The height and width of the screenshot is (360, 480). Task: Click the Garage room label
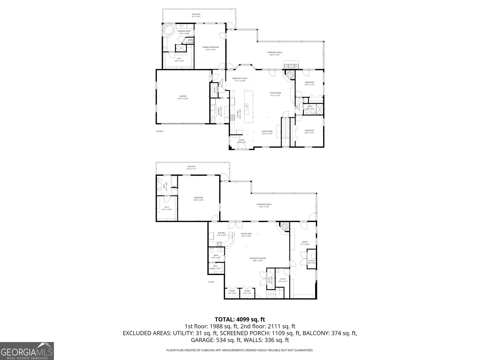[x=183, y=97]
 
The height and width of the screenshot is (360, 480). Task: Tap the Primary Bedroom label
[x=210, y=48]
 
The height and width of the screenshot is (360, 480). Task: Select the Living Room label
[x=275, y=94]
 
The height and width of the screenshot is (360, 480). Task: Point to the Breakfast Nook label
[x=240, y=79]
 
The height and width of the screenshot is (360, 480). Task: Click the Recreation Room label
[x=258, y=259]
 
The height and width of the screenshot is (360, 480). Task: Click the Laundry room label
[x=220, y=111]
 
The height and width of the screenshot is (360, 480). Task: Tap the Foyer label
[x=241, y=141]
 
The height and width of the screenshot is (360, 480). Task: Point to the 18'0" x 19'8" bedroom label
[x=198, y=199]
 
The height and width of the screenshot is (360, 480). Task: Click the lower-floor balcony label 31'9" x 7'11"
[x=191, y=167]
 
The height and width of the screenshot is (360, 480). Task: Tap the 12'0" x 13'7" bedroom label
[x=309, y=131]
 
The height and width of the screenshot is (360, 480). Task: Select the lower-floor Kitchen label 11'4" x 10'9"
[x=221, y=234]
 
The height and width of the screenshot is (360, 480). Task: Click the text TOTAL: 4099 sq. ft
[x=240, y=319]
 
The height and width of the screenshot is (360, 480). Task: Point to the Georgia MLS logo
[x=27, y=351]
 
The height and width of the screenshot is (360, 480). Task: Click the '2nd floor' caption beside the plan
[x=160, y=131]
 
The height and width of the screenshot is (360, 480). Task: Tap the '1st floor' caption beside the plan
[x=211, y=282]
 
